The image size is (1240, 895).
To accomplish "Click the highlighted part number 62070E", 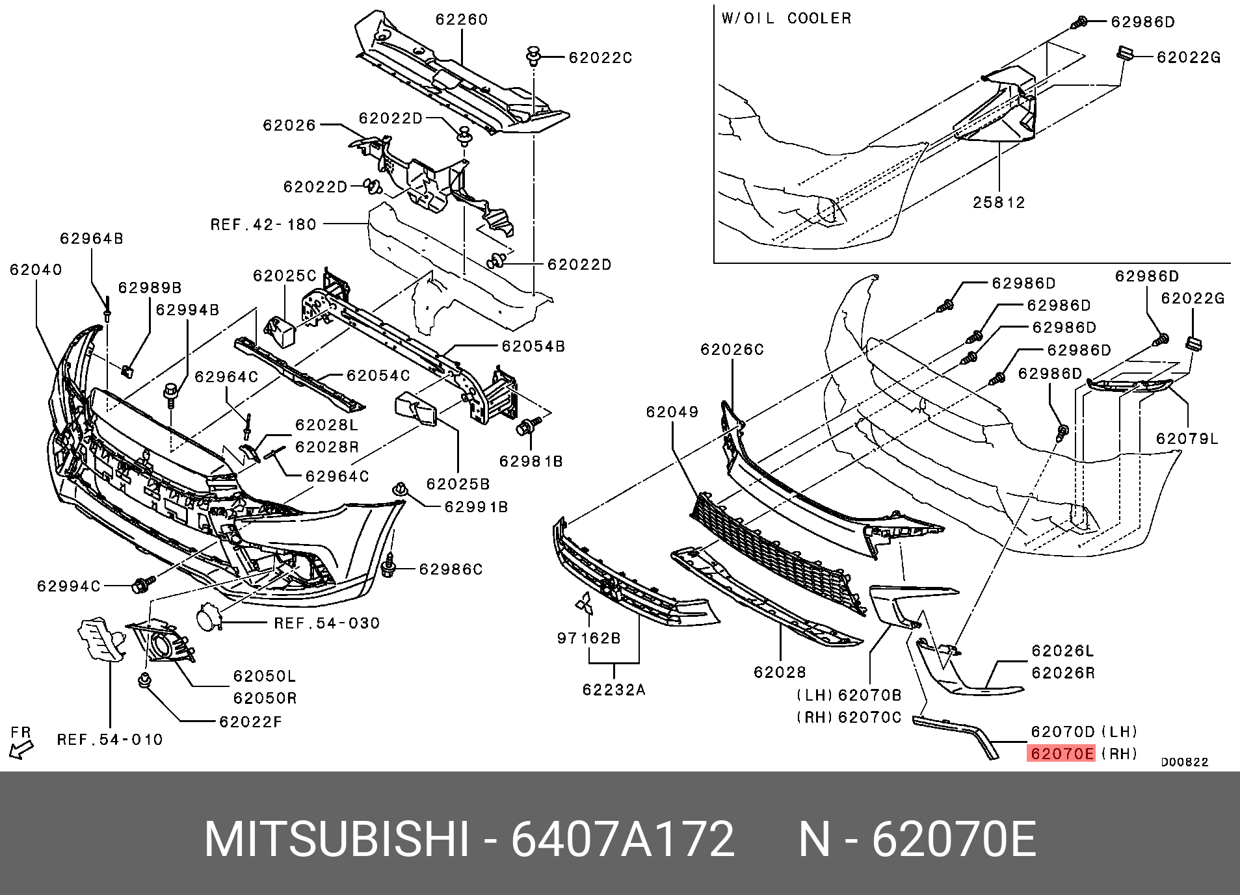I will coord(1061,753).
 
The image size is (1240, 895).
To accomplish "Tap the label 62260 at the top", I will coord(461,19).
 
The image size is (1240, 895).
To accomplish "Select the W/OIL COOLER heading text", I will coord(786,18).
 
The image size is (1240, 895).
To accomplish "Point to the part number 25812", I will coord(998,203).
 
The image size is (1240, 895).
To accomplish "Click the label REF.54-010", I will coord(110,740).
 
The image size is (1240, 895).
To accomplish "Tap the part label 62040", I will coord(36,270).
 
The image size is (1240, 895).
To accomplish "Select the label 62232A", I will coord(614,690).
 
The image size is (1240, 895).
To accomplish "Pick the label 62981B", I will coord(531,461).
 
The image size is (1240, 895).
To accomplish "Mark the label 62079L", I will coord(1187,439).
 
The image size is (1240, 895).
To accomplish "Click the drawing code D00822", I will coord(1184,762).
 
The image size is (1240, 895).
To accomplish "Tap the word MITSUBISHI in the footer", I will coord(336,839).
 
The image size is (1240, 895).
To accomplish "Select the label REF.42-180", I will coord(263,225).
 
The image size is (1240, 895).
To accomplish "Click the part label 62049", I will coord(672,412).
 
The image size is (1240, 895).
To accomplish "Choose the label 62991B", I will coord(476,507).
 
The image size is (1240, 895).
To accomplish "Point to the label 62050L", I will coord(265,676).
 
